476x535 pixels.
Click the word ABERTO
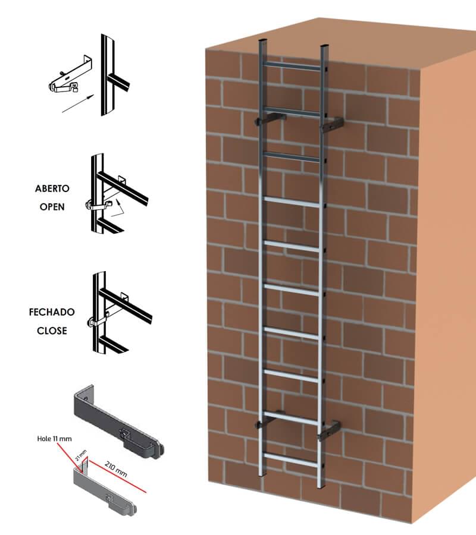52,188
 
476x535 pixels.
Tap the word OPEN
52,207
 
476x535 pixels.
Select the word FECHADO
52,312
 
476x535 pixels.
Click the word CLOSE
52,331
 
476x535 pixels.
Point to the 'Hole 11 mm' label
55,439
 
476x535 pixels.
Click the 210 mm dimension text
116,469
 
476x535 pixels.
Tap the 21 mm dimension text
81,455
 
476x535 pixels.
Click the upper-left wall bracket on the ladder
270,119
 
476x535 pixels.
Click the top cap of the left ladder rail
262,40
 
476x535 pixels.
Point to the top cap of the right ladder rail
324,45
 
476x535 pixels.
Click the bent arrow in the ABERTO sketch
117,209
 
